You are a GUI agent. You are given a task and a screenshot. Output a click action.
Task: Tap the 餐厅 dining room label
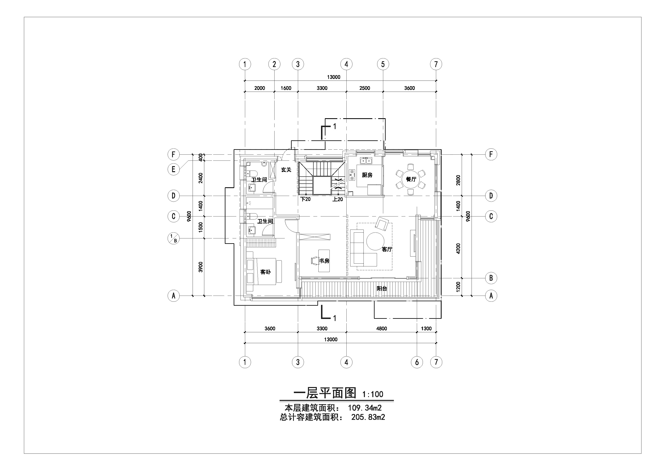pos(411,179)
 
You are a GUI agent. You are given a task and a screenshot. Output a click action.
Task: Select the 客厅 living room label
pos(387,249)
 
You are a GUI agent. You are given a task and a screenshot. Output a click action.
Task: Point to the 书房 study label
pos(324,261)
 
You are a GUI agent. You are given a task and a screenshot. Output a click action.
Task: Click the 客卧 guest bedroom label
pos(265,272)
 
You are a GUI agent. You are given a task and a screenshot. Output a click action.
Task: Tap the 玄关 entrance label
pos(286,170)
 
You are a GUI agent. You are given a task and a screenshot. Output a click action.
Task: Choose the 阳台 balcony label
pos(382,289)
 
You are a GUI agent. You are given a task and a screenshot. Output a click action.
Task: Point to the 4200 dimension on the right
pos(458,248)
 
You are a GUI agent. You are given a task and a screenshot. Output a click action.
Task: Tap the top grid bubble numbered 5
pos(383,64)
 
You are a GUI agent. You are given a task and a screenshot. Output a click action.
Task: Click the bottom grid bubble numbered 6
pos(417,362)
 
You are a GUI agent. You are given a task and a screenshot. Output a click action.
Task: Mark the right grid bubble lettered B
pos(491,278)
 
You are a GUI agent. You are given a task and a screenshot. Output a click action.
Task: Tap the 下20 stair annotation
pos(306,199)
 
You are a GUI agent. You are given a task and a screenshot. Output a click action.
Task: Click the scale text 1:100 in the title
pos(373,394)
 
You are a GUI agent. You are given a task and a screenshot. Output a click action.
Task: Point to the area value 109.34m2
pos(365,408)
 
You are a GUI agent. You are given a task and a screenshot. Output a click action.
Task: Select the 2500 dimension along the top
pos(365,88)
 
